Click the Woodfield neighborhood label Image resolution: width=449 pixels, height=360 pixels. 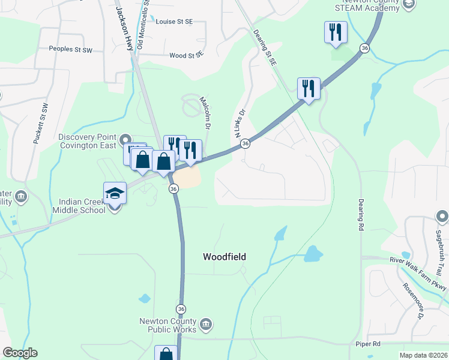pyautogui.click(x=224, y=257)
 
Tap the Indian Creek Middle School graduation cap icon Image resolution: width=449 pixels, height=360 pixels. pyautogui.click(x=115, y=193)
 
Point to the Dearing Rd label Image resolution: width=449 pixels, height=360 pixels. pyautogui.click(x=361, y=215)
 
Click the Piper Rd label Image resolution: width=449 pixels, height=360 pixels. pyautogui.click(x=368, y=344)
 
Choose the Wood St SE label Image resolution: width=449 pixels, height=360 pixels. pyautogui.click(x=187, y=55)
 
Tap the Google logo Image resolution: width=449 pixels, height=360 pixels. pyautogui.click(x=20, y=353)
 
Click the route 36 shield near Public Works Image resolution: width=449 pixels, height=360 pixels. pyautogui.click(x=181, y=308)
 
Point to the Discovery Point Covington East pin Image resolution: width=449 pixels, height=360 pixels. pyautogui.click(x=126, y=140)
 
